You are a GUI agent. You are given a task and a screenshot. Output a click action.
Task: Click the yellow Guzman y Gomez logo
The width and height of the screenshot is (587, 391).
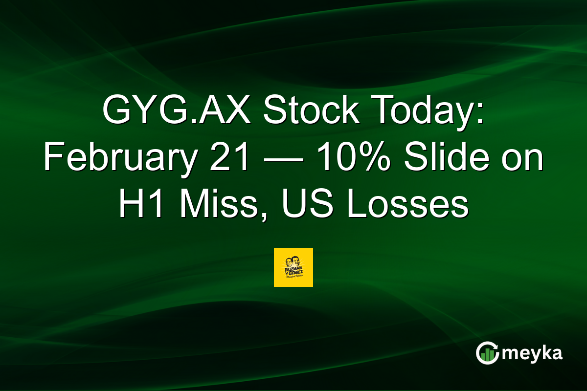point(293,267)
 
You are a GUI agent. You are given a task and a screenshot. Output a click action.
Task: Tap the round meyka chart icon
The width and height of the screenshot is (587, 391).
point(487,353)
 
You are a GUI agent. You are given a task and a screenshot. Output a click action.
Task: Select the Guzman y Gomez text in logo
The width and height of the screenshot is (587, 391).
point(293,272)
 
